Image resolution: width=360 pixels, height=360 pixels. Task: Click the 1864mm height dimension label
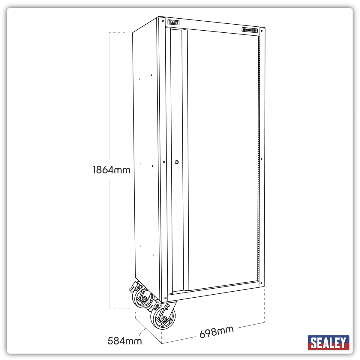(x=112, y=170)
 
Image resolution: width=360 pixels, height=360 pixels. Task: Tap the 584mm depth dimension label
(x=124, y=341)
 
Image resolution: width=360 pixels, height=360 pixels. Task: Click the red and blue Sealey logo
(x=328, y=343)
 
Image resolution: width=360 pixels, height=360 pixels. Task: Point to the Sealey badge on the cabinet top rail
(x=173, y=22)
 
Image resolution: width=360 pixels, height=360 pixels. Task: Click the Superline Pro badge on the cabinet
(x=250, y=29)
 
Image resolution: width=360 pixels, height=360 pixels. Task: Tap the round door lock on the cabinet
(x=177, y=162)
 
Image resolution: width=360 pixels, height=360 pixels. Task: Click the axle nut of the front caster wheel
(x=164, y=319)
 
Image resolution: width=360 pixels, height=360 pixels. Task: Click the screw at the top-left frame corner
(x=163, y=21)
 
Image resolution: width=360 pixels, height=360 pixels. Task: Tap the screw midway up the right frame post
(x=261, y=159)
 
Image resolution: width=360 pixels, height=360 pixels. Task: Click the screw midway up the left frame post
(x=164, y=162)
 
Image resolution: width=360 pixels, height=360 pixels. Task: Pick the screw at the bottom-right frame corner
(x=261, y=283)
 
